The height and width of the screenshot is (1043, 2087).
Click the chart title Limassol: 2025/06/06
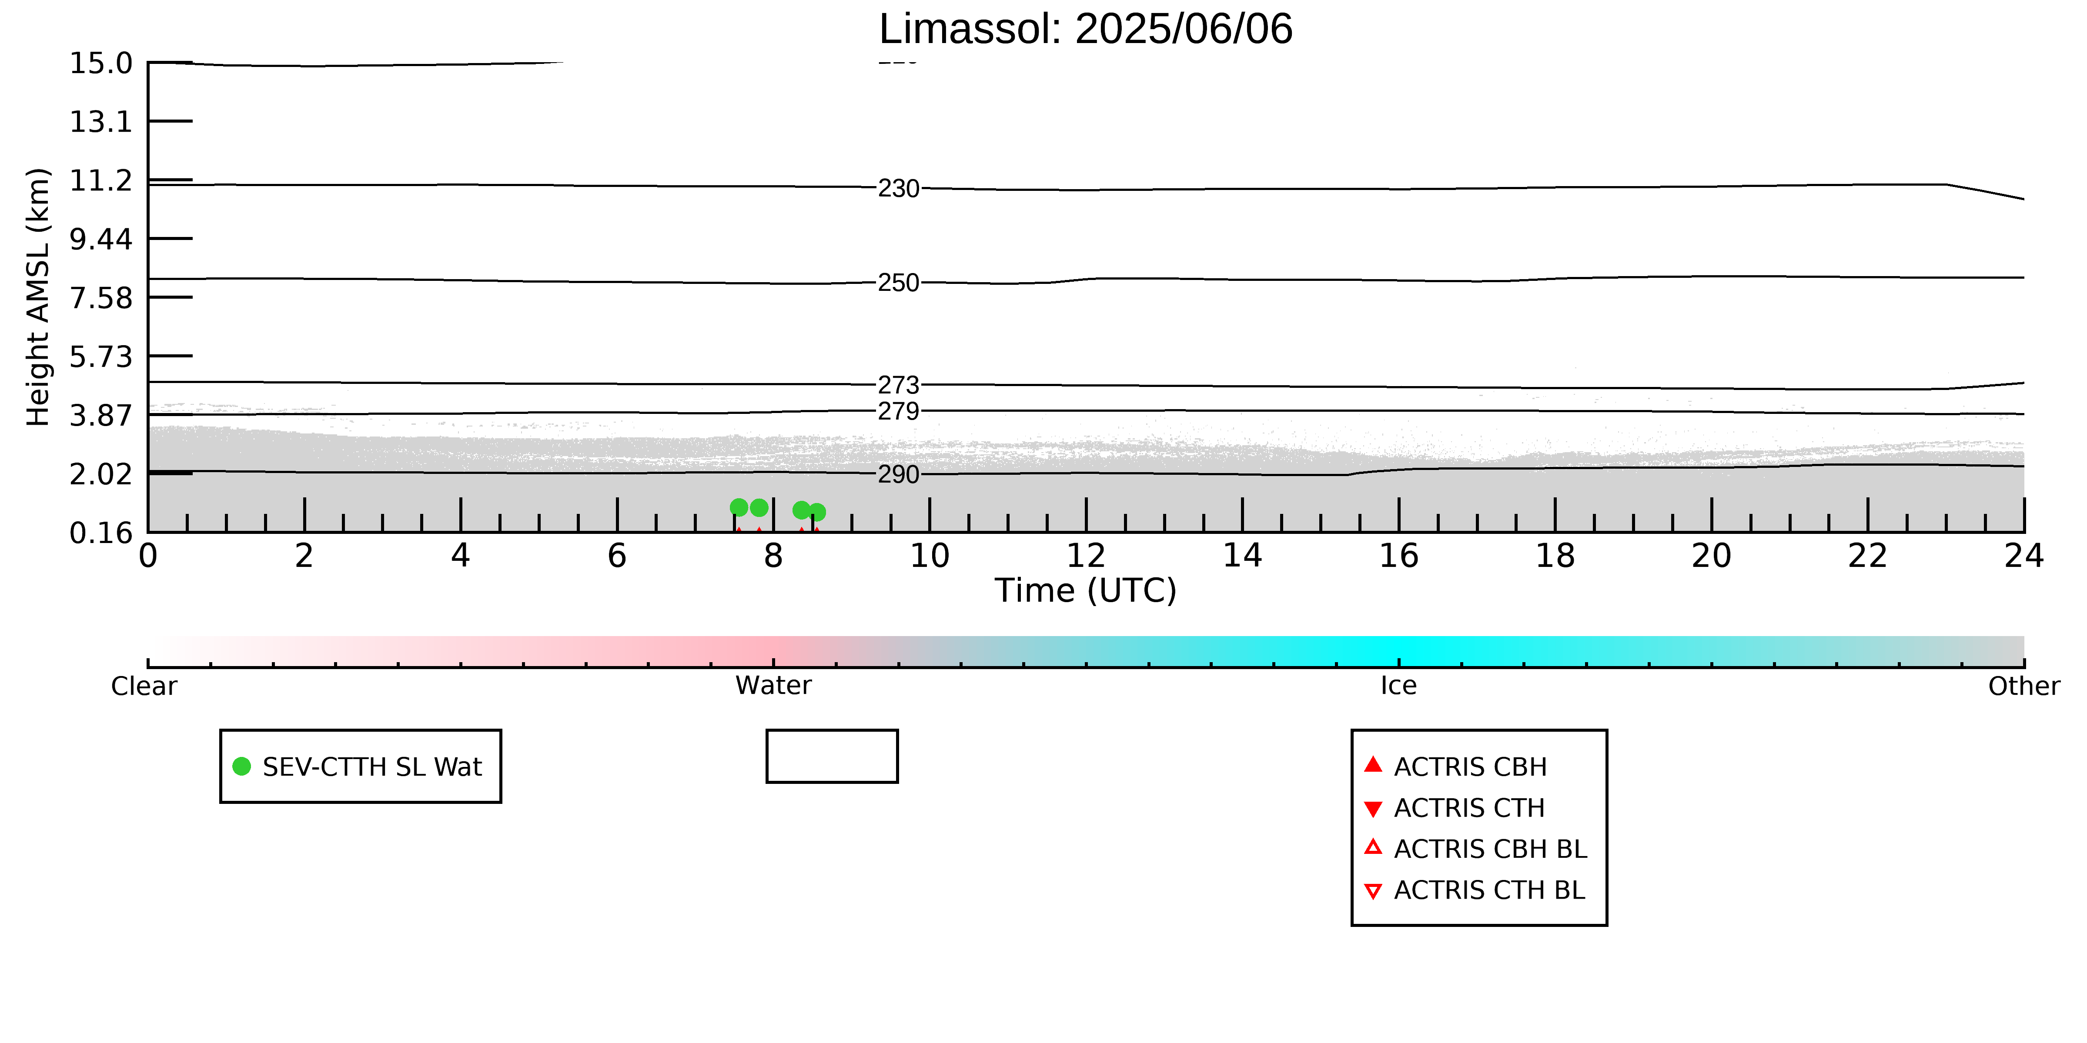1086,29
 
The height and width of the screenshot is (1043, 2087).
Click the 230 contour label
899,189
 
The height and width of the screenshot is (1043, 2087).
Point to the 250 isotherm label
899,283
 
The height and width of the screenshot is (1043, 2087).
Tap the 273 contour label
899,385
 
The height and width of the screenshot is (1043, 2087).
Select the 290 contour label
899,474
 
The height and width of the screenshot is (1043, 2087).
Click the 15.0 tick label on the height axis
100,63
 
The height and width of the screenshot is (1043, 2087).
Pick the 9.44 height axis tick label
100,239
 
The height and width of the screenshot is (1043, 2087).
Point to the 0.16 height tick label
100,533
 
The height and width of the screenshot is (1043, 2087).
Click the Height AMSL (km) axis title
38,297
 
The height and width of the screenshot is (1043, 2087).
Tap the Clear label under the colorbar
144,686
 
